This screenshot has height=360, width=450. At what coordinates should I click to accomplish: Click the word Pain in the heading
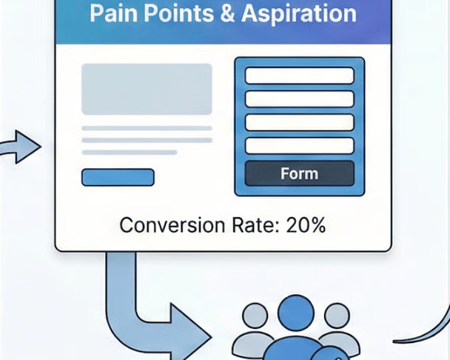[113, 13]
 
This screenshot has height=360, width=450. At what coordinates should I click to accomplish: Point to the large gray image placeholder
[147, 89]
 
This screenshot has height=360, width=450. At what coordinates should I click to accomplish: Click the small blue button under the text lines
[118, 177]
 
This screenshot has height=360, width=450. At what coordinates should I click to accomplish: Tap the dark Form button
[299, 174]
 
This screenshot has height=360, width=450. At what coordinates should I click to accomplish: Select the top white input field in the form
[299, 76]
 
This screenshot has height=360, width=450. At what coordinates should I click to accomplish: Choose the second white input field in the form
[299, 99]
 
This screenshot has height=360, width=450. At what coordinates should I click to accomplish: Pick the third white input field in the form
[299, 122]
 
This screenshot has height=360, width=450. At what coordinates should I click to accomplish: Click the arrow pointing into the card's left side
[22, 146]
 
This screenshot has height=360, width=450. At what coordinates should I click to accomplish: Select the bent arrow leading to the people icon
[148, 311]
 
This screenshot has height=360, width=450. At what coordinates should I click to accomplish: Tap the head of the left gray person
[255, 315]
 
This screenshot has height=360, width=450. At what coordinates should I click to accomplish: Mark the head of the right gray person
[337, 315]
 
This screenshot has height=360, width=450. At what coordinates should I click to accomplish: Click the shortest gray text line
[129, 152]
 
